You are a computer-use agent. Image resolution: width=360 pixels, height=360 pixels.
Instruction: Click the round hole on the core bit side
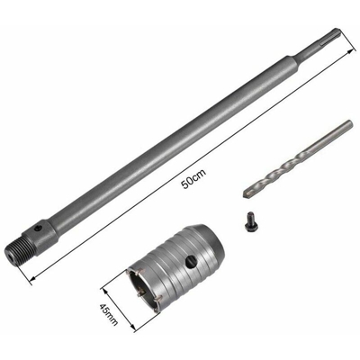pyautogui.click(x=188, y=261)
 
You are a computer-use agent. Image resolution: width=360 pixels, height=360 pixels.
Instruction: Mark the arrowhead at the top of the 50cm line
pyautogui.click(x=346, y=75)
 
